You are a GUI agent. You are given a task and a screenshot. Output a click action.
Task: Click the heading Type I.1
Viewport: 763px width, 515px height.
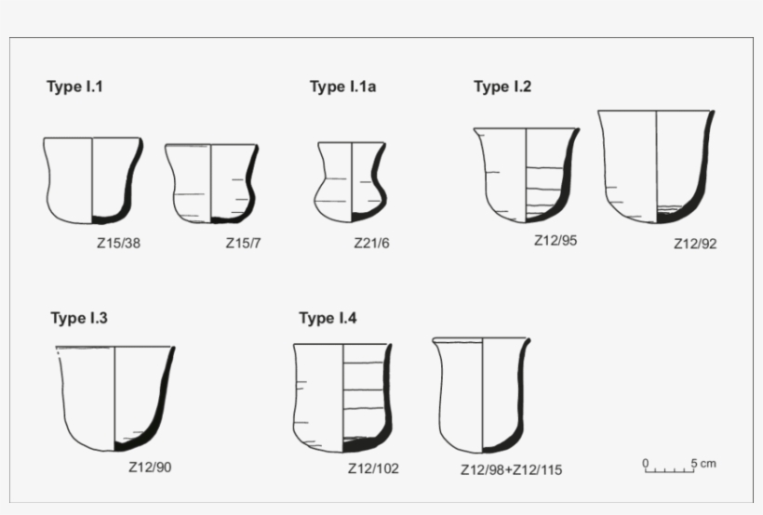[x=74, y=87]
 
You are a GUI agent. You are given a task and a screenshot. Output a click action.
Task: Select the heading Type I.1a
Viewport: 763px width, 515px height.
[x=342, y=87]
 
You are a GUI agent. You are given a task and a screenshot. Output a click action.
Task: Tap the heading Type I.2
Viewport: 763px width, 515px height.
[x=502, y=87]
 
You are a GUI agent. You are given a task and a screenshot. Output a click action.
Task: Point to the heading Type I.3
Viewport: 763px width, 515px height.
[x=79, y=319]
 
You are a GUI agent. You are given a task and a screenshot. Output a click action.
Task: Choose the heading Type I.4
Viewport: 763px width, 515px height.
[x=328, y=319]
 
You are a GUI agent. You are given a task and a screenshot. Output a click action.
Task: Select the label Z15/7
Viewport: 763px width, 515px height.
[x=243, y=244]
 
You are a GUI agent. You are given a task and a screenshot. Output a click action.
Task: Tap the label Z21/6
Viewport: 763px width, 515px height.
[x=371, y=244]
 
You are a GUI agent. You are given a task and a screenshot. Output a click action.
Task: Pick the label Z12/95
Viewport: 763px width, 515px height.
[x=556, y=240]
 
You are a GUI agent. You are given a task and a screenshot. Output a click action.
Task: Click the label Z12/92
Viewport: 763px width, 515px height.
[x=695, y=245]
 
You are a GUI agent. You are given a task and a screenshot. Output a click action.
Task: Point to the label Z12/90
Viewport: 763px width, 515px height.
[x=150, y=467]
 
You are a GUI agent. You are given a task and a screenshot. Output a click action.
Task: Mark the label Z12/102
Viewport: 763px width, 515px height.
[x=373, y=469]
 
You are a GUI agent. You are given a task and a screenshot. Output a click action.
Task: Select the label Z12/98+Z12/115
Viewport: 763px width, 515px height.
[x=511, y=470]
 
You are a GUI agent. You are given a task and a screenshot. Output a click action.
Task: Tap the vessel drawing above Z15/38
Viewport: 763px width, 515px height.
[x=92, y=180]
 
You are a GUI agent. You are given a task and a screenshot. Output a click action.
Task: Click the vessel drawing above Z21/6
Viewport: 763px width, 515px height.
[x=351, y=181]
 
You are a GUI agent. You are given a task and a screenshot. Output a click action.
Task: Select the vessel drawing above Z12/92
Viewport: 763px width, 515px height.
[x=656, y=166]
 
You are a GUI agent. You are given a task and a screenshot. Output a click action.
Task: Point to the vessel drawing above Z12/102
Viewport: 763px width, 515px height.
[x=341, y=397]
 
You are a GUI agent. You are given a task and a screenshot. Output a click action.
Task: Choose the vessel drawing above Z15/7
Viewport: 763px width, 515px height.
[x=210, y=183]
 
